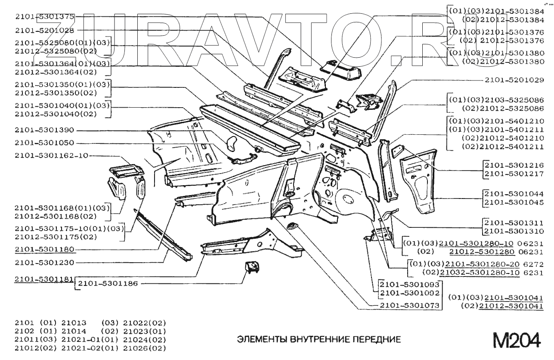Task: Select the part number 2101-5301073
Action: tap(409, 305)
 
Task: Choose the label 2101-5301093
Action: tap(409, 284)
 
